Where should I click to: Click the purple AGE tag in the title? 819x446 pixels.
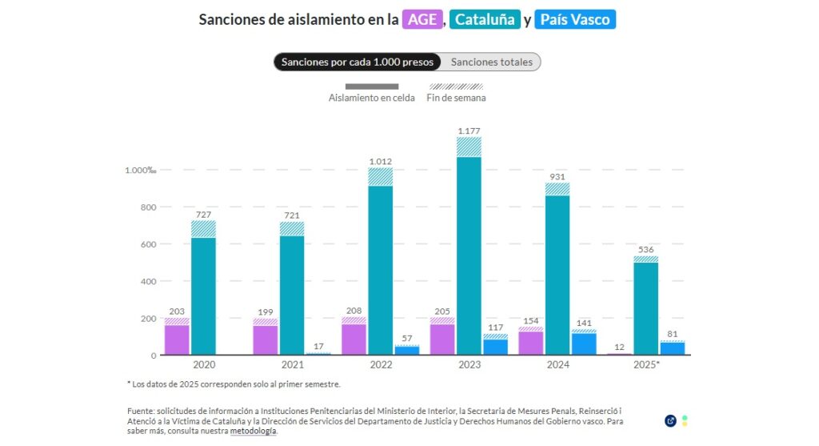click(422, 20)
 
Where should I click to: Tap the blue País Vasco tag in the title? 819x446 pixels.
click(575, 20)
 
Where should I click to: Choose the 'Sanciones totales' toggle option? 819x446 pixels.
click(491, 62)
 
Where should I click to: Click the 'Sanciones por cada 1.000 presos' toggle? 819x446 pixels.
click(358, 62)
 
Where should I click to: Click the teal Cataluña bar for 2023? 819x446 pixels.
click(469, 256)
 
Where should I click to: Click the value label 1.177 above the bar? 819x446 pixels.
click(469, 131)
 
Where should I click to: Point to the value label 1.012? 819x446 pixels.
click(381, 162)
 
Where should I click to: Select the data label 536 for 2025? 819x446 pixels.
click(645, 250)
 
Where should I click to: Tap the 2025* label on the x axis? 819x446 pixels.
click(646, 364)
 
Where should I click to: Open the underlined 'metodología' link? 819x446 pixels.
click(254, 431)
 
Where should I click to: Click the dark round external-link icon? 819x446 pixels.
click(670, 420)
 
